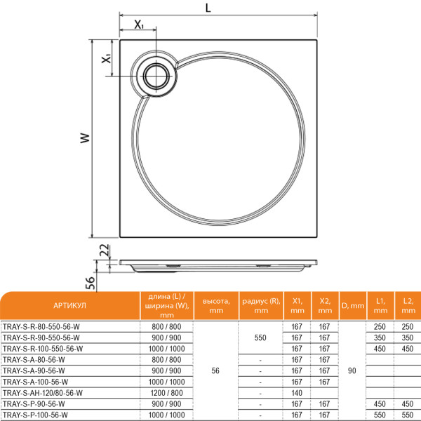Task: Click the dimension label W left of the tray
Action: pos(84,138)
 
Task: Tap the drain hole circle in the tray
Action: pos(155,74)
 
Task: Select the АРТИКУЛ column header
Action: pos(69,306)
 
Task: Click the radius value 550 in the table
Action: pos(260,338)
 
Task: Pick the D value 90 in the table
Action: pos(352,370)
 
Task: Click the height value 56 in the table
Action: pos(216,370)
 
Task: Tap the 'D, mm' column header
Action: pos(352,306)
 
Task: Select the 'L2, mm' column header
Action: pos(407,306)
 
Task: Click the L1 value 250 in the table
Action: pos(380,327)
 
